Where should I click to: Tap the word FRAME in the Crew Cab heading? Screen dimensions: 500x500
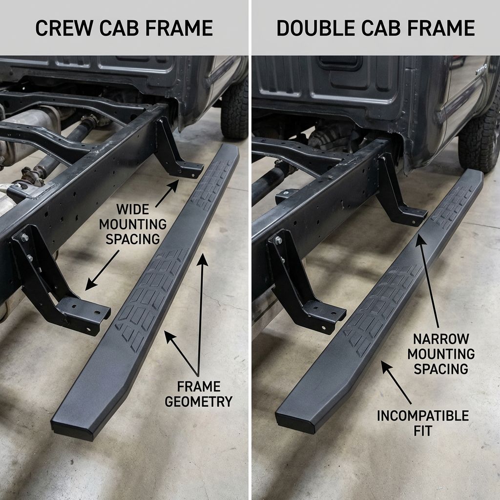click(180, 28)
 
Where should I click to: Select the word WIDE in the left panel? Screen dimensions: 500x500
click(133, 209)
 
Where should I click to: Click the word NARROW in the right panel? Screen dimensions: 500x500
click(441, 339)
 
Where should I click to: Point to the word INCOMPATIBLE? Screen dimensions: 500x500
click(423, 416)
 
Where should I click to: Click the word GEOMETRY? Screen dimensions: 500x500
click(198, 401)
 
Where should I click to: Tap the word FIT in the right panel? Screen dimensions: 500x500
click(423, 431)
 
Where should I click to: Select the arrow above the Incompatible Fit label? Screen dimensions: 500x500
click(396, 382)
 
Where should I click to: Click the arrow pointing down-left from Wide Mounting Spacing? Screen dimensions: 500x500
click(102, 271)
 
